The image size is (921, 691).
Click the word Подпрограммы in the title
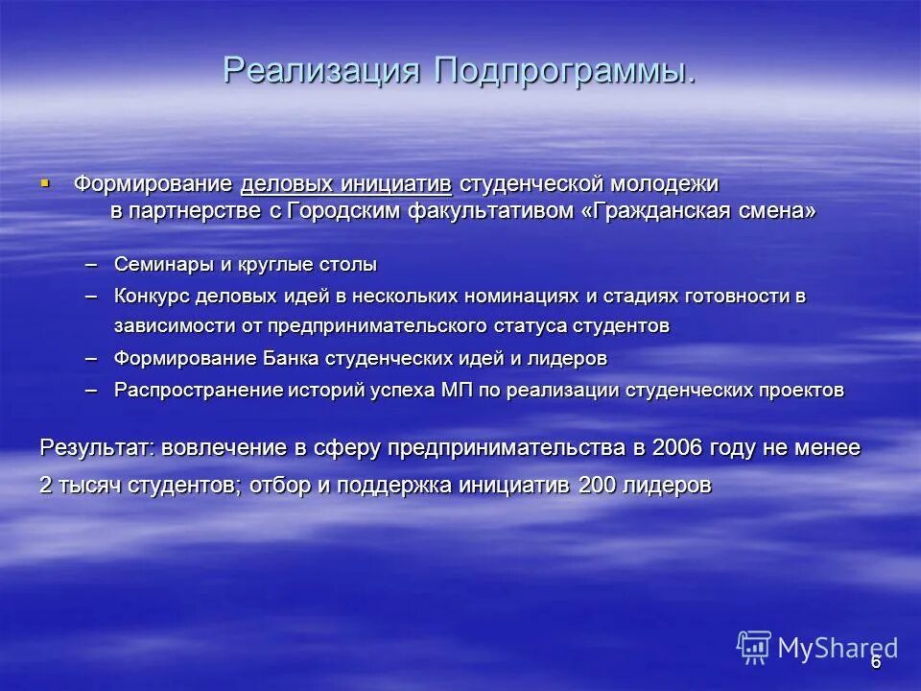point(565,70)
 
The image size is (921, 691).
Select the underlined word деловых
point(286,183)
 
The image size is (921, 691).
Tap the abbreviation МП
point(420,390)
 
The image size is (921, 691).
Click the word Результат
point(96,448)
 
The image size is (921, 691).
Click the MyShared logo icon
point(754,648)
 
